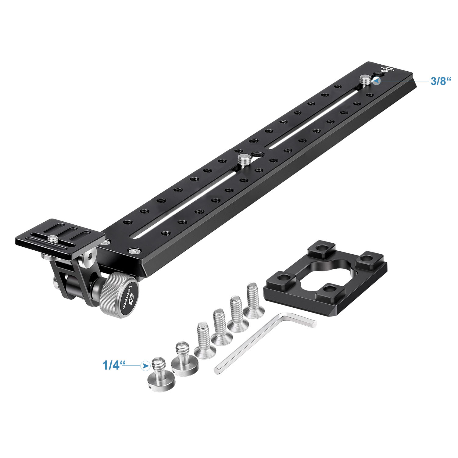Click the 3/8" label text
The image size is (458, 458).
tap(440, 81)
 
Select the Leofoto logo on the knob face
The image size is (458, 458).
tap(129, 298)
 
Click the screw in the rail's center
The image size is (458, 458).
tap(243, 159)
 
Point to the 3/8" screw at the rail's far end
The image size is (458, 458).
tap(366, 80)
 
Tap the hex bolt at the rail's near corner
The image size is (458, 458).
tap(134, 251)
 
